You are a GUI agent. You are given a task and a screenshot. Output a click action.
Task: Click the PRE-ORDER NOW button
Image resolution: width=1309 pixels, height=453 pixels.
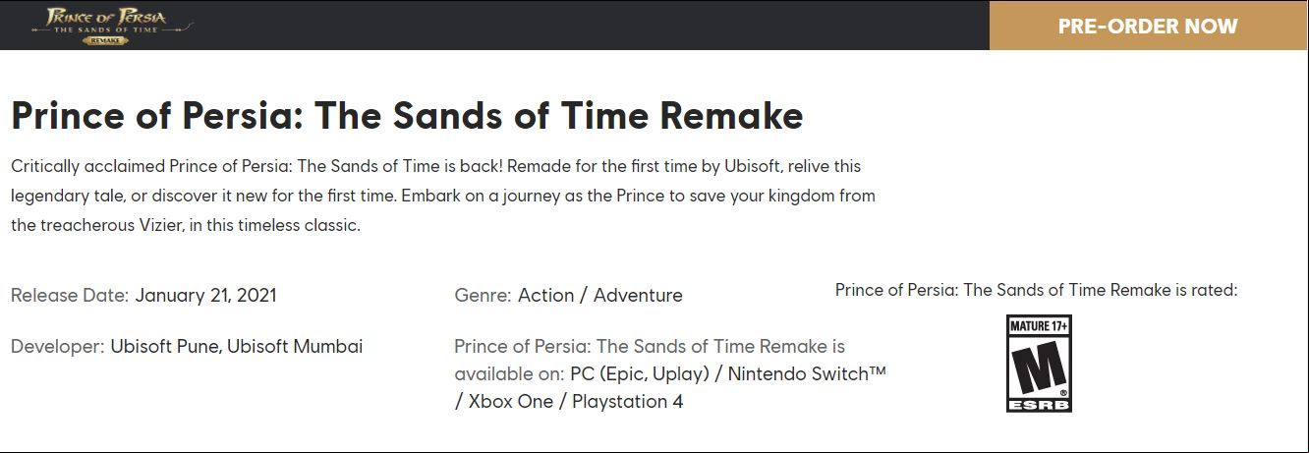click(x=1148, y=26)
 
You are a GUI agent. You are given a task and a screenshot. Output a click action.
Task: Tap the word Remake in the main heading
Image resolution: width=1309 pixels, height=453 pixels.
click(x=731, y=115)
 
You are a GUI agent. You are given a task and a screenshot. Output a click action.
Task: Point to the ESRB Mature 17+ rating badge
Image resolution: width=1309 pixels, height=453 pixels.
click(x=1039, y=364)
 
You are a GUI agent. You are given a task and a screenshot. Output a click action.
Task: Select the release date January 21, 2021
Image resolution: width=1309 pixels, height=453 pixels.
click(x=205, y=295)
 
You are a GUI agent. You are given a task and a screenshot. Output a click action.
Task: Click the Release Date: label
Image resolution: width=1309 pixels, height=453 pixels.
click(x=70, y=295)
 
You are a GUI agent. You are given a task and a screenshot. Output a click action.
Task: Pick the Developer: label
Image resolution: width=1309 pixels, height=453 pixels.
click(x=58, y=346)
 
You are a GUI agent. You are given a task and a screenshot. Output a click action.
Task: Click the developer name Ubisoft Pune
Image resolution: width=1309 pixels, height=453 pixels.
click(x=166, y=346)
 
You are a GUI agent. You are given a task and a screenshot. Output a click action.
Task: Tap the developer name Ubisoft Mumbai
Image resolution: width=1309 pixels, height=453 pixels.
click(x=295, y=346)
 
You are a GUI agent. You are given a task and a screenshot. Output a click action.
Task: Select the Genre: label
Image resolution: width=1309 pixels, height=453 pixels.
click(x=483, y=295)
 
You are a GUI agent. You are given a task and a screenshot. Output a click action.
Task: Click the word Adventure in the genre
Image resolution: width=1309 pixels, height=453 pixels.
click(x=638, y=295)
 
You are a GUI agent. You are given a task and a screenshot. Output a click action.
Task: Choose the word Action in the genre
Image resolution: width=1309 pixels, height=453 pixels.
click(x=545, y=295)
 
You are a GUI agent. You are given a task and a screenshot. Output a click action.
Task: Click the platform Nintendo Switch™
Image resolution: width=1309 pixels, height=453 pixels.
click(x=807, y=373)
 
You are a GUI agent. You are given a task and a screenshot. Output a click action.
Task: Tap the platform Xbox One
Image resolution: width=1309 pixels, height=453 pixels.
click(x=511, y=402)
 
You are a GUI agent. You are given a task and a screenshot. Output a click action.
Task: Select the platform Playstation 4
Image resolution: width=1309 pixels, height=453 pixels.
click(x=628, y=402)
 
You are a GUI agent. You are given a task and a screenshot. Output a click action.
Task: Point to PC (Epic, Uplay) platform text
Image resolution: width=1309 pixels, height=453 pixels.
click(x=640, y=373)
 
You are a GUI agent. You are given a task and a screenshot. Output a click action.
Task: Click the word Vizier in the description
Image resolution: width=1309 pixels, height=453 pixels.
click(x=161, y=225)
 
